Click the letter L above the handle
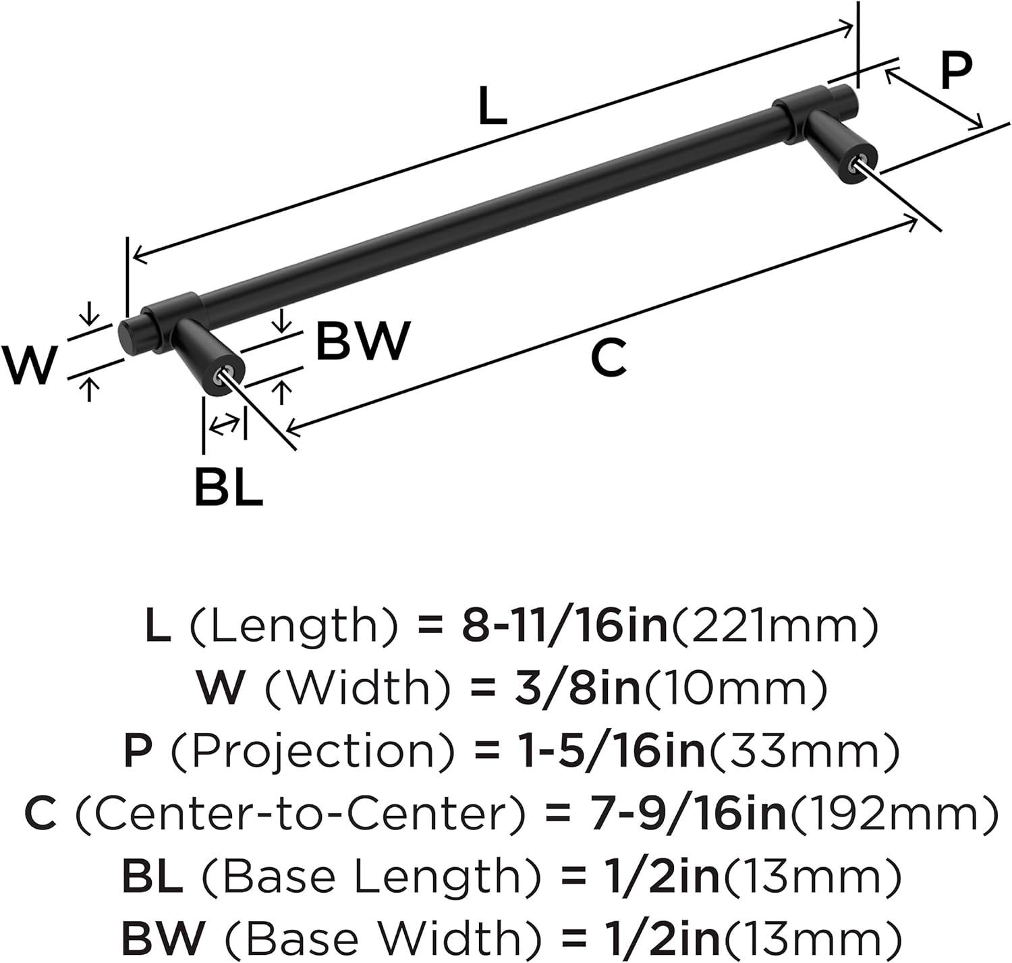(492, 107)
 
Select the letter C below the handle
(608, 358)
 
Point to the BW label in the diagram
(362, 341)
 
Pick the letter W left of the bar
(29, 365)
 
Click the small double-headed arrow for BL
(224, 425)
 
